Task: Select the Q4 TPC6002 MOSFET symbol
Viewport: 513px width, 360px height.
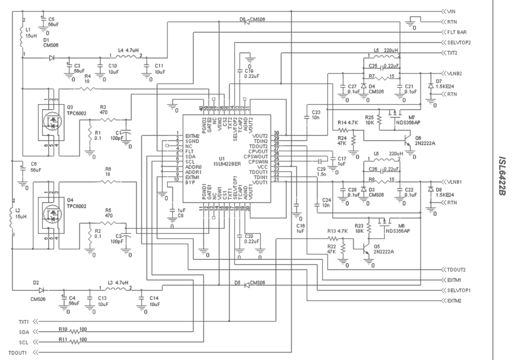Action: click(51, 216)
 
